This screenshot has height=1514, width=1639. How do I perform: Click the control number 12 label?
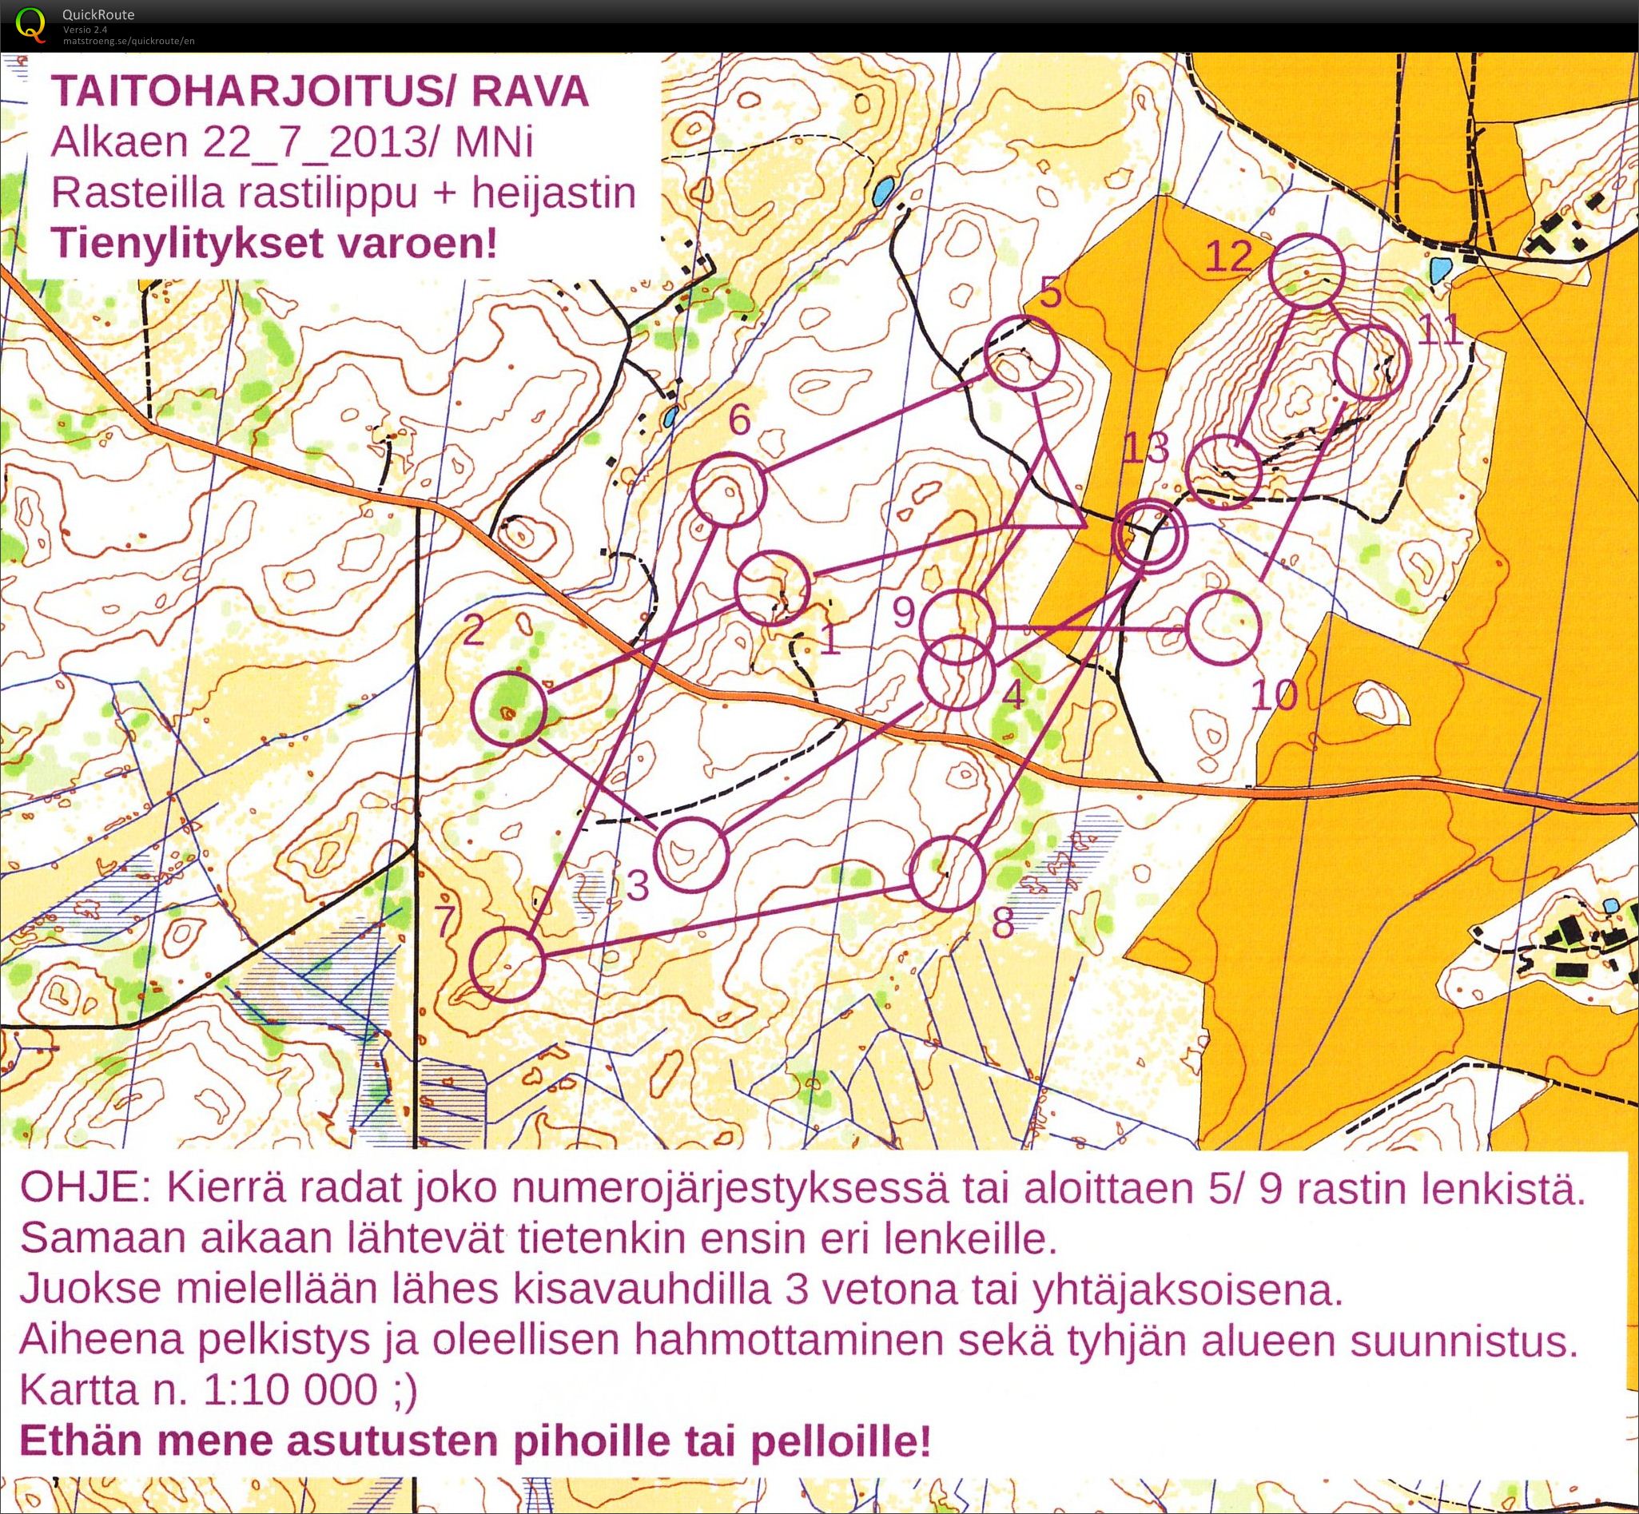coord(1229,257)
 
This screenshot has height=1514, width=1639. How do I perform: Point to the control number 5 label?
coord(1052,292)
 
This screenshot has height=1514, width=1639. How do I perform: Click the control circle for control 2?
coord(509,708)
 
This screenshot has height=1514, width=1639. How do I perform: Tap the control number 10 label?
coord(1275,695)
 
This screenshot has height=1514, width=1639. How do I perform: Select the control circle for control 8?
coord(946,873)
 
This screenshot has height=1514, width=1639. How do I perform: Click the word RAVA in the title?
coord(529,92)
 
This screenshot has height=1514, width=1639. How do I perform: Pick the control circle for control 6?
coord(728,489)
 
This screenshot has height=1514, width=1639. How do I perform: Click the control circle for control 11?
coord(1371,362)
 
